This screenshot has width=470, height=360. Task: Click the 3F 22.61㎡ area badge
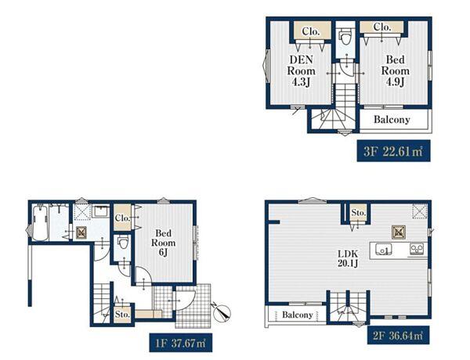click(393, 151)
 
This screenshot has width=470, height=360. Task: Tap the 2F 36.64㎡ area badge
click(399, 335)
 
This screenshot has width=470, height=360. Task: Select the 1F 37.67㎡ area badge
click(181, 343)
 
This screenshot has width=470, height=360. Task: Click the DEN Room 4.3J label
click(301, 71)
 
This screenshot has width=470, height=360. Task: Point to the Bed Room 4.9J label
click(395, 70)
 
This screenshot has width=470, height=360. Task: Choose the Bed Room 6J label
click(164, 243)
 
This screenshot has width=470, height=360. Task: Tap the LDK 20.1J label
click(348, 259)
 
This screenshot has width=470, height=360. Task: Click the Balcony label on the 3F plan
click(392, 120)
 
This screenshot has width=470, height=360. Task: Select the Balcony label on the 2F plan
click(298, 315)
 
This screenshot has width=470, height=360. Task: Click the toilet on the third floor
click(345, 36)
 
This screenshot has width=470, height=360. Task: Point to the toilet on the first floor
click(123, 242)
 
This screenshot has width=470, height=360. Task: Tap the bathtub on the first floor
click(40, 222)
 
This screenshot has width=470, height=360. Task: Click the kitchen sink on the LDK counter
click(381, 249)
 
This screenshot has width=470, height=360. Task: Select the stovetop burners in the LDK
click(417, 249)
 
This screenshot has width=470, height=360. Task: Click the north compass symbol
click(222, 312)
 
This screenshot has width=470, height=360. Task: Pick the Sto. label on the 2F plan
click(359, 213)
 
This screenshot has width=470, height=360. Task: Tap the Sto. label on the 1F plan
click(122, 315)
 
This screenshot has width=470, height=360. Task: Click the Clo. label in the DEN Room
click(311, 31)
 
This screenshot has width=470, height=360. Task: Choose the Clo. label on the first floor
click(122, 218)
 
